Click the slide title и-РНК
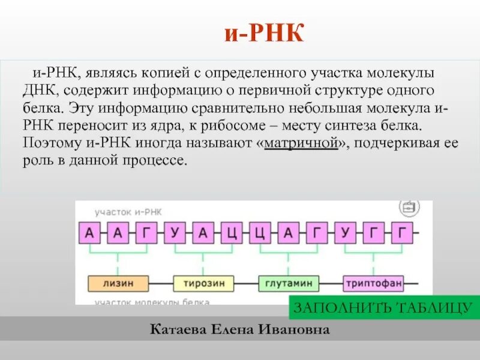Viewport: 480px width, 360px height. [x=263, y=34]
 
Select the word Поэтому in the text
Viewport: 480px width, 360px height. [x=49, y=145]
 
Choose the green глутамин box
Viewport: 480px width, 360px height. [x=289, y=282]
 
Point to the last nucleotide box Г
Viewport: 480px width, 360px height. [x=403, y=233]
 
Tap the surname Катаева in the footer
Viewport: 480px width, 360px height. [x=176, y=329]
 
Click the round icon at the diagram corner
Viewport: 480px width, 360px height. [x=409, y=208]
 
